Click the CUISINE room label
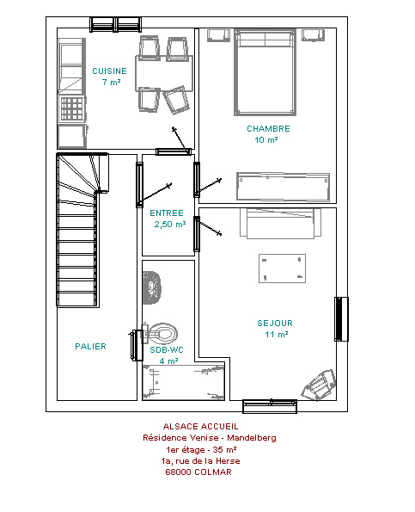click(x=109, y=71)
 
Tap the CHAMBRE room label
click(x=268, y=129)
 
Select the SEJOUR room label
click(x=275, y=323)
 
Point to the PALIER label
click(x=90, y=346)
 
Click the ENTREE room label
click(x=167, y=213)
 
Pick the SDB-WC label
click(x=167, y=349)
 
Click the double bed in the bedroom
click(x=265, y=72)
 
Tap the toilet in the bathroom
click(x=161, y=334)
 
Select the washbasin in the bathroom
click(x=152, y=287)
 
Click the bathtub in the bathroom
click(x=184, y=382)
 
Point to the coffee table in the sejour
click(x=283, y=268)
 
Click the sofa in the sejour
click(x=280, y=224)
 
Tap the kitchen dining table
click(x=164, y=73)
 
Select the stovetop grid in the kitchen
click(x=72, y=108)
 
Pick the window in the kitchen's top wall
click(x=115, y=24)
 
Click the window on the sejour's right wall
click(x=341, y=319)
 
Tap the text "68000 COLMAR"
click(x=198, y=472)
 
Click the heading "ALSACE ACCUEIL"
click(x=201, y=426)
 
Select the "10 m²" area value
click(x=266, y=139)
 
